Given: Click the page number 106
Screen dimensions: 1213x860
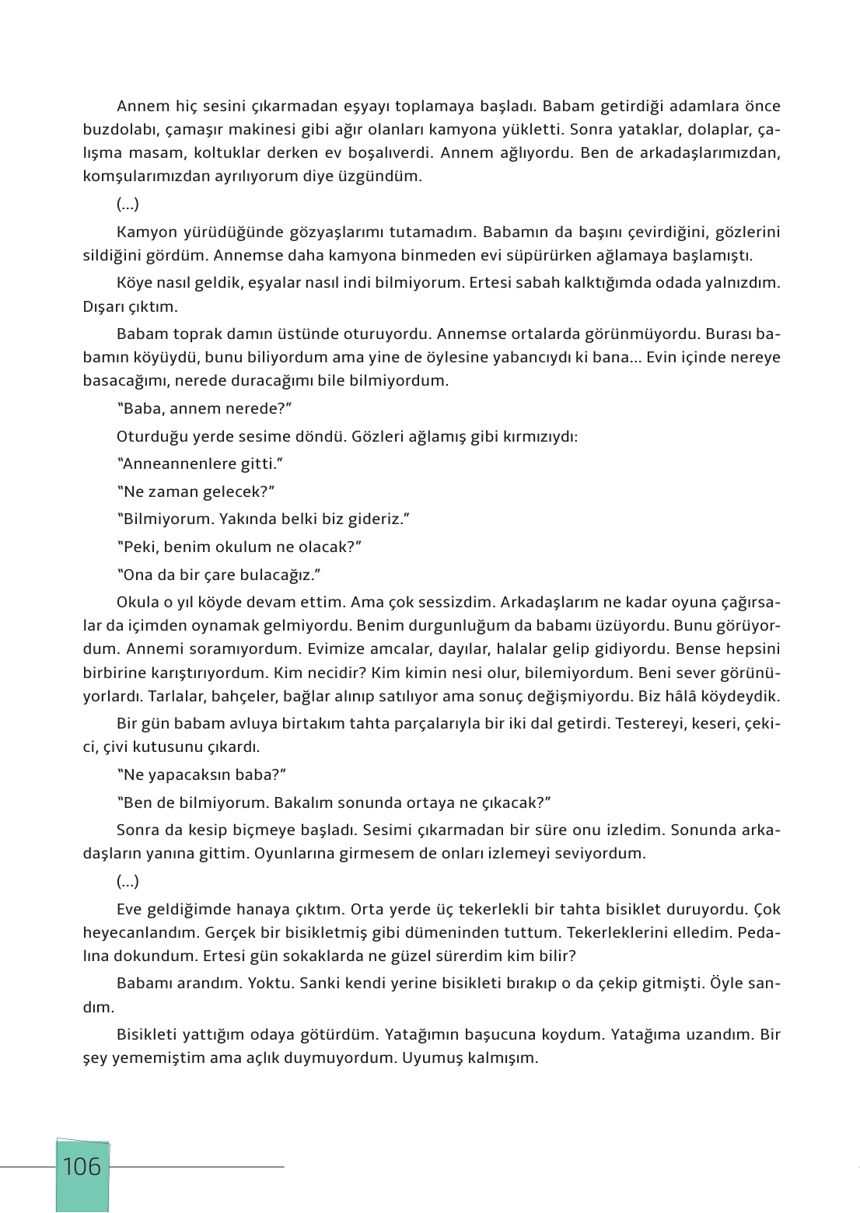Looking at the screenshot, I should [x=82, y=1167].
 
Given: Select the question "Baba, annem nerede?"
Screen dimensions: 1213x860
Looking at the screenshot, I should [x=204, y=409].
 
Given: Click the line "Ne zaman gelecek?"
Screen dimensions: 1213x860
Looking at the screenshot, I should [x=196, y=492].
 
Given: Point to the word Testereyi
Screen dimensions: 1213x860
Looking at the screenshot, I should [x=651, y=724].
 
